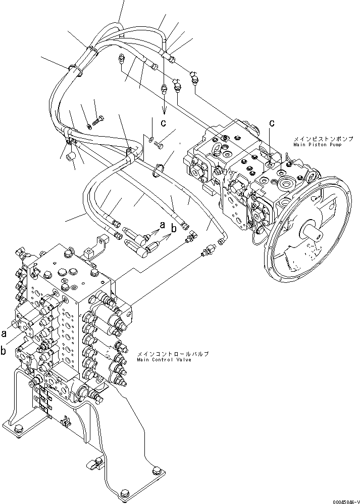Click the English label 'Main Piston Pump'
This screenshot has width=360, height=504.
click(x=317, y=145)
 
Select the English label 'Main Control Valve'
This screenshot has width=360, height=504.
click(x=164, y=360)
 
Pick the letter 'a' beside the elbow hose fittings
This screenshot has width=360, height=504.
click(x=163, y=224)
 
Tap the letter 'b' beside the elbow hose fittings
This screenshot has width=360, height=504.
click(x=174, y=228)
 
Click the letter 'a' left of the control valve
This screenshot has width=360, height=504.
click(x=4, y=333)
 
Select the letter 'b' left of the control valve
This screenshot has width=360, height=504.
click(x=4, y=350)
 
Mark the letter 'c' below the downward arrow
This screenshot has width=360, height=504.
click(x=164, y=122)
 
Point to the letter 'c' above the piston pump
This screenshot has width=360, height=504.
click(x=272, y=122)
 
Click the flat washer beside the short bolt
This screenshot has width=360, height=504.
click(x=151, y=137)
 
